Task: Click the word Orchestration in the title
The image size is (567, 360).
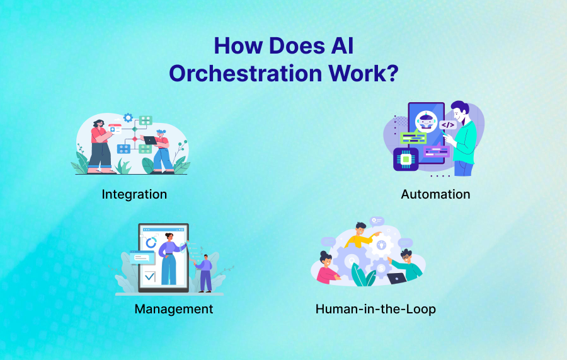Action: pyautogui.click(x=246, y=73)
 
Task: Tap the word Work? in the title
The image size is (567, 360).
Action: pyautogui.click(x=364, y=73)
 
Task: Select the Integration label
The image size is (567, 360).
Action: pyautogui.click(x=134, y=195)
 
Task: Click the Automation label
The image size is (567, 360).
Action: pyautogui.click(x=435, y=194)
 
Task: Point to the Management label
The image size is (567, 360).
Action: pyautogui.click(x=174, y=309)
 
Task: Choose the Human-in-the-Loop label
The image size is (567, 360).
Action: pyautogui.click(x=375, y=309)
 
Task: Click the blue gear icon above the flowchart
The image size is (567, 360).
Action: pyautogui.click(x=128, y=118)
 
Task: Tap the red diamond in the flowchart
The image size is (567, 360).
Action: pyautogui.click(x=135, y=139)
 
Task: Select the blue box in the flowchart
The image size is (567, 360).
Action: pyautogui.click(x=123, y=149)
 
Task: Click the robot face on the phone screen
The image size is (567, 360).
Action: pyautogui.click(x=426, y=121)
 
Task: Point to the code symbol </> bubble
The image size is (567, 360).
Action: pyautogui.click(x=448, y=125)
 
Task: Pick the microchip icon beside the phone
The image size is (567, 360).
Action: pyautogui.click(x=406, y=159)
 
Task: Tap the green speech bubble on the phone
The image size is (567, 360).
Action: pyautogui.click(x=413, y=138)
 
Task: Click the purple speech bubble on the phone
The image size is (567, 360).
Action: pyautogui.click(x=437, y=151)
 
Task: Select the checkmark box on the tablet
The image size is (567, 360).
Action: pyautogui.click(x=149, y=277)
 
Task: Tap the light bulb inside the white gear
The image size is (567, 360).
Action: pyautogui.click(x=382, y=245)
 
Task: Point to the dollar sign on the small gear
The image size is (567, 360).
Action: pyautogui.click(x=381, y=269)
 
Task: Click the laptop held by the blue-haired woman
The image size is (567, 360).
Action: pyautogui.click(x=151, y=140)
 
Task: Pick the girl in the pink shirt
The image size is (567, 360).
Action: pyautogui.click(x=327, y=268)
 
